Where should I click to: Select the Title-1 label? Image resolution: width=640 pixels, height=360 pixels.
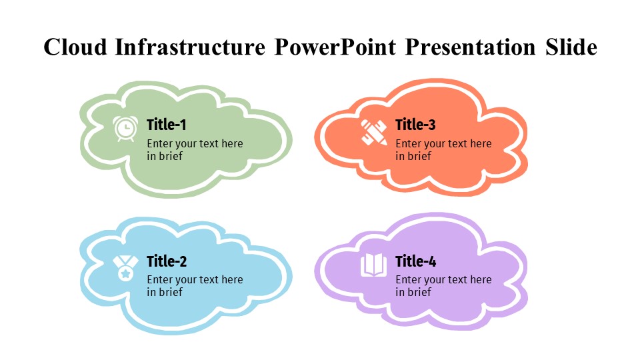(167, 125)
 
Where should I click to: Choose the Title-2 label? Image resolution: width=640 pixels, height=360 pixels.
(167, 261)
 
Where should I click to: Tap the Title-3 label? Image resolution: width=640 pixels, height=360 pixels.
(415, 125)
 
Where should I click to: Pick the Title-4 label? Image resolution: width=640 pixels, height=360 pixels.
(415, 261)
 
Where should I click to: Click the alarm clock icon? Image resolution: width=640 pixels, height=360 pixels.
(125, 129)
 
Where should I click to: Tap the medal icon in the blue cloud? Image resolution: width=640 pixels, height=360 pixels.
(125, 268)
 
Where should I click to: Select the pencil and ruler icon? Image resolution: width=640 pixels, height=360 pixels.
(374, 131)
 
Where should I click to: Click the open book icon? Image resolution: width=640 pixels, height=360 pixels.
(373, 265)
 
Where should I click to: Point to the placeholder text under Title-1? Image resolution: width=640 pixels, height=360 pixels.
(195, 150)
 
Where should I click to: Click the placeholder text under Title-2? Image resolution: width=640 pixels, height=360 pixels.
(195, 286)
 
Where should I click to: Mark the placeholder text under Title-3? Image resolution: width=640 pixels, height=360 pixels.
(443, 150)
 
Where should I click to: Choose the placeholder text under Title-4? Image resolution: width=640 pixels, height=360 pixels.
(443, 286)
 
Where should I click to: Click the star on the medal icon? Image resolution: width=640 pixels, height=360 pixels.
(125, 273)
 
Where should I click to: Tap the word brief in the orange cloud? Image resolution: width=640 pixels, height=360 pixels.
(419, 157)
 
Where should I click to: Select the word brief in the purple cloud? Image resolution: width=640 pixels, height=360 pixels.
(419, 293)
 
